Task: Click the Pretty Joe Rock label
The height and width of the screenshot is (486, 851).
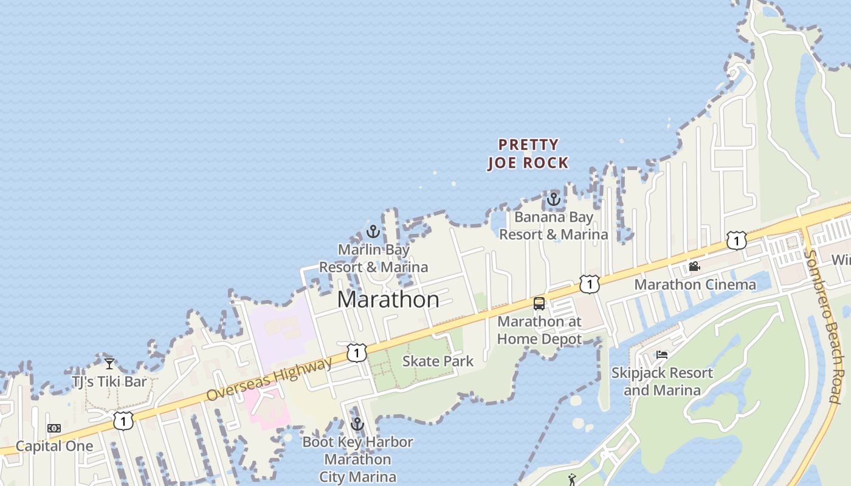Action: coord(528,154)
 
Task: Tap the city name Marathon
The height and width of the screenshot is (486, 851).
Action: coord(388,299)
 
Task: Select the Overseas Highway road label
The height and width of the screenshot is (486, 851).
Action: coord(269,379)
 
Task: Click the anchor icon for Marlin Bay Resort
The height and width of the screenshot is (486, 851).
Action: coord(373,231)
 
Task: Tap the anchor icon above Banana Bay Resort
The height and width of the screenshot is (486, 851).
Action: coord(553,199)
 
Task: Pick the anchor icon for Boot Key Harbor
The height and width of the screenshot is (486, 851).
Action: coord(357,424)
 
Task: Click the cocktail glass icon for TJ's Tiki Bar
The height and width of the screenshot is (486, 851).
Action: coord(109,364)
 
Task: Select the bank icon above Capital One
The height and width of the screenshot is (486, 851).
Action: coord(54,428)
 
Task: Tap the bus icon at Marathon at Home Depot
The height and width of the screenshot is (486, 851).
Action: coord(539,304)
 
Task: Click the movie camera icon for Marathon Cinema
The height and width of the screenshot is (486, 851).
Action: coord(695,267)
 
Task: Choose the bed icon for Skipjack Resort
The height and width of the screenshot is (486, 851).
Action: coord(662,355)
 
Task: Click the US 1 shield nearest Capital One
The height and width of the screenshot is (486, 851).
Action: coord(123,420)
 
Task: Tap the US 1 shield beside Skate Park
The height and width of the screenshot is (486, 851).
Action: coord(357,352)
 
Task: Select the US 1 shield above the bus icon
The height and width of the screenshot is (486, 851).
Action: coord(589,284)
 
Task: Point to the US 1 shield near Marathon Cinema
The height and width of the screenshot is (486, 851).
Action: coord(736,241)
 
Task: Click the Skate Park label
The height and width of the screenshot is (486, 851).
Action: coord(438,361)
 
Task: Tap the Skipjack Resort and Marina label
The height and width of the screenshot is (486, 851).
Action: coord(662,382)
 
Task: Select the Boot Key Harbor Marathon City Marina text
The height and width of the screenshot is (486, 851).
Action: coord(357,459)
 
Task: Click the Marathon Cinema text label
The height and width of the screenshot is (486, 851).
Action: coord(695,284)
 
